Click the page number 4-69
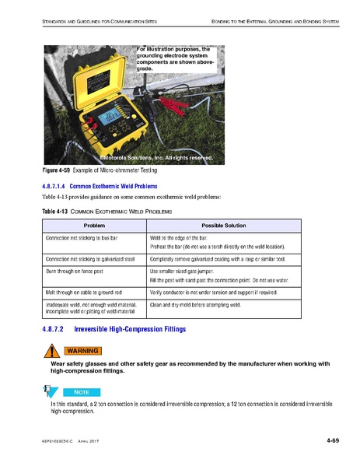[x=332, y=443]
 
